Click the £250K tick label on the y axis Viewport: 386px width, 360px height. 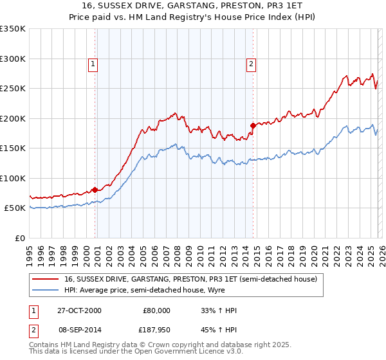pos(13,89)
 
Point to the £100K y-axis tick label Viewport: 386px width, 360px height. pos(13,178)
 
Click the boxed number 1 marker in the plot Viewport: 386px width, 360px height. pos(94,64)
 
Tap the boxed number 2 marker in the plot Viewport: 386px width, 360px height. pos(251,64)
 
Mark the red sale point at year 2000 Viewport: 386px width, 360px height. pos(95,190)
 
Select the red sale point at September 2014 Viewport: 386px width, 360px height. pos(253,126)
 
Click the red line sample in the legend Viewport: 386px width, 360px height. pos(46,280)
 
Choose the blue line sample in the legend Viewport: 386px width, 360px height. pos(46,291)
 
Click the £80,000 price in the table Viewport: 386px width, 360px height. pos(156,310)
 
